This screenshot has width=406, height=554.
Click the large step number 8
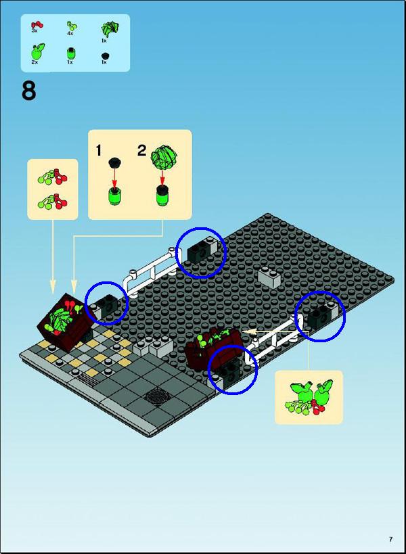(28, 91)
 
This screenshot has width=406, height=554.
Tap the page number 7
(390, 539)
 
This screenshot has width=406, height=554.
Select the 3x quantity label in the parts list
(35, 30)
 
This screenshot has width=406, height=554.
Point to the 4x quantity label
(70, 33)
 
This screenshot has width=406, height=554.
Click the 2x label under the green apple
(35, 62)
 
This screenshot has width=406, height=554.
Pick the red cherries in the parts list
(37, 25)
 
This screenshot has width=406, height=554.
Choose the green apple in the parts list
(37, 51)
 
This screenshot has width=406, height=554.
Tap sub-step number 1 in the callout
(99, 151)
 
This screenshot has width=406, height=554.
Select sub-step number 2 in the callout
(141, 151)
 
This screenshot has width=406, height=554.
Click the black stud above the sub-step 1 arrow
(114, 163)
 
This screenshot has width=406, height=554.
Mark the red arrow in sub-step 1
(114, 178)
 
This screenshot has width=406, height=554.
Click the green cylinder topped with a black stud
(163, 195)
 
